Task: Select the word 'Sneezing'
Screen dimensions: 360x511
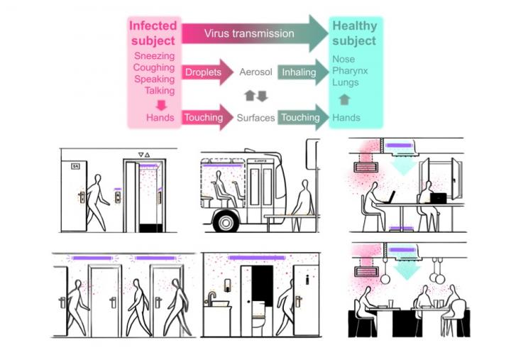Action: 153,55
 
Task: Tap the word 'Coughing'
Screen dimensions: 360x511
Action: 153,67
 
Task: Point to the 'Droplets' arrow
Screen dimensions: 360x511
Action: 207,72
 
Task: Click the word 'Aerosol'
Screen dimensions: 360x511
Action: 255,72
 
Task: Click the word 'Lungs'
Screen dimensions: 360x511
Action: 346,83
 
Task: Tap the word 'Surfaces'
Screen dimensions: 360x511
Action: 255,118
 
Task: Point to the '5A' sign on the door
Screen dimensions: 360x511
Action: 75,165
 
